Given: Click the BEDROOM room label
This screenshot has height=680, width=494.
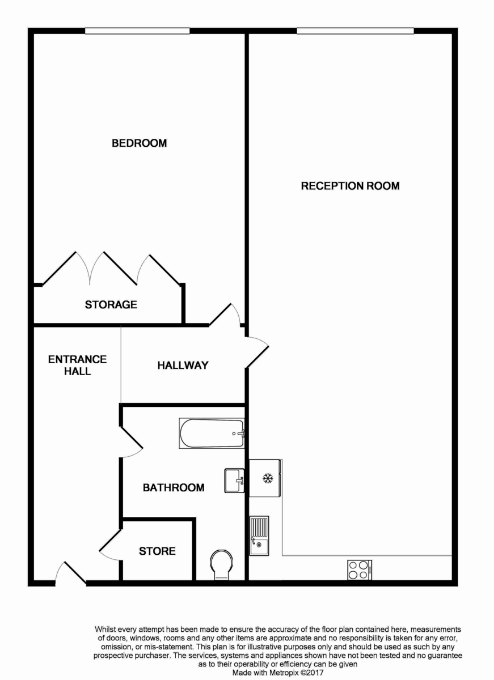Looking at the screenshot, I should tap(139, 143).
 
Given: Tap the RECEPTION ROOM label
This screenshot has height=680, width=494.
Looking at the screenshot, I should tap(350, 186).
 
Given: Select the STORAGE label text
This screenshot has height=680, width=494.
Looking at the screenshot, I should tap(111, 305).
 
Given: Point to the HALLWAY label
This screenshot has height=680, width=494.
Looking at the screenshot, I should tap(183, 365).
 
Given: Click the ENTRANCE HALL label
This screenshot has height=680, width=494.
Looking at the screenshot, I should tap(77, 365).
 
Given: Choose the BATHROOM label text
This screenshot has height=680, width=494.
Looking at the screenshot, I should tap(174, 487).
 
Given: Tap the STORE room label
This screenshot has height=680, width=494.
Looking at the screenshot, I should tap(157, 551).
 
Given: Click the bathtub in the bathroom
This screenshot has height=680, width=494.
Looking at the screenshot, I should tap(212, 433).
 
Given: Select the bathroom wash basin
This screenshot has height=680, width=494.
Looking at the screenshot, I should tap(234, 481).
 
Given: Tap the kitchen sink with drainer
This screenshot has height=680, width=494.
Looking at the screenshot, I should tap(259, 535).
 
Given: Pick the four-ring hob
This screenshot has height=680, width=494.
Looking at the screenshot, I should tap(360, 569).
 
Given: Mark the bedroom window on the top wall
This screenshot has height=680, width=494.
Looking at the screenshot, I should tap(137, 31).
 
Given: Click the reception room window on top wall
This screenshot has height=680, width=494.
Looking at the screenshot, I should tap(355, 31).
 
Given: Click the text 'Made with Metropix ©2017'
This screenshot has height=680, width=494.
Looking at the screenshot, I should tap(278, 673).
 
